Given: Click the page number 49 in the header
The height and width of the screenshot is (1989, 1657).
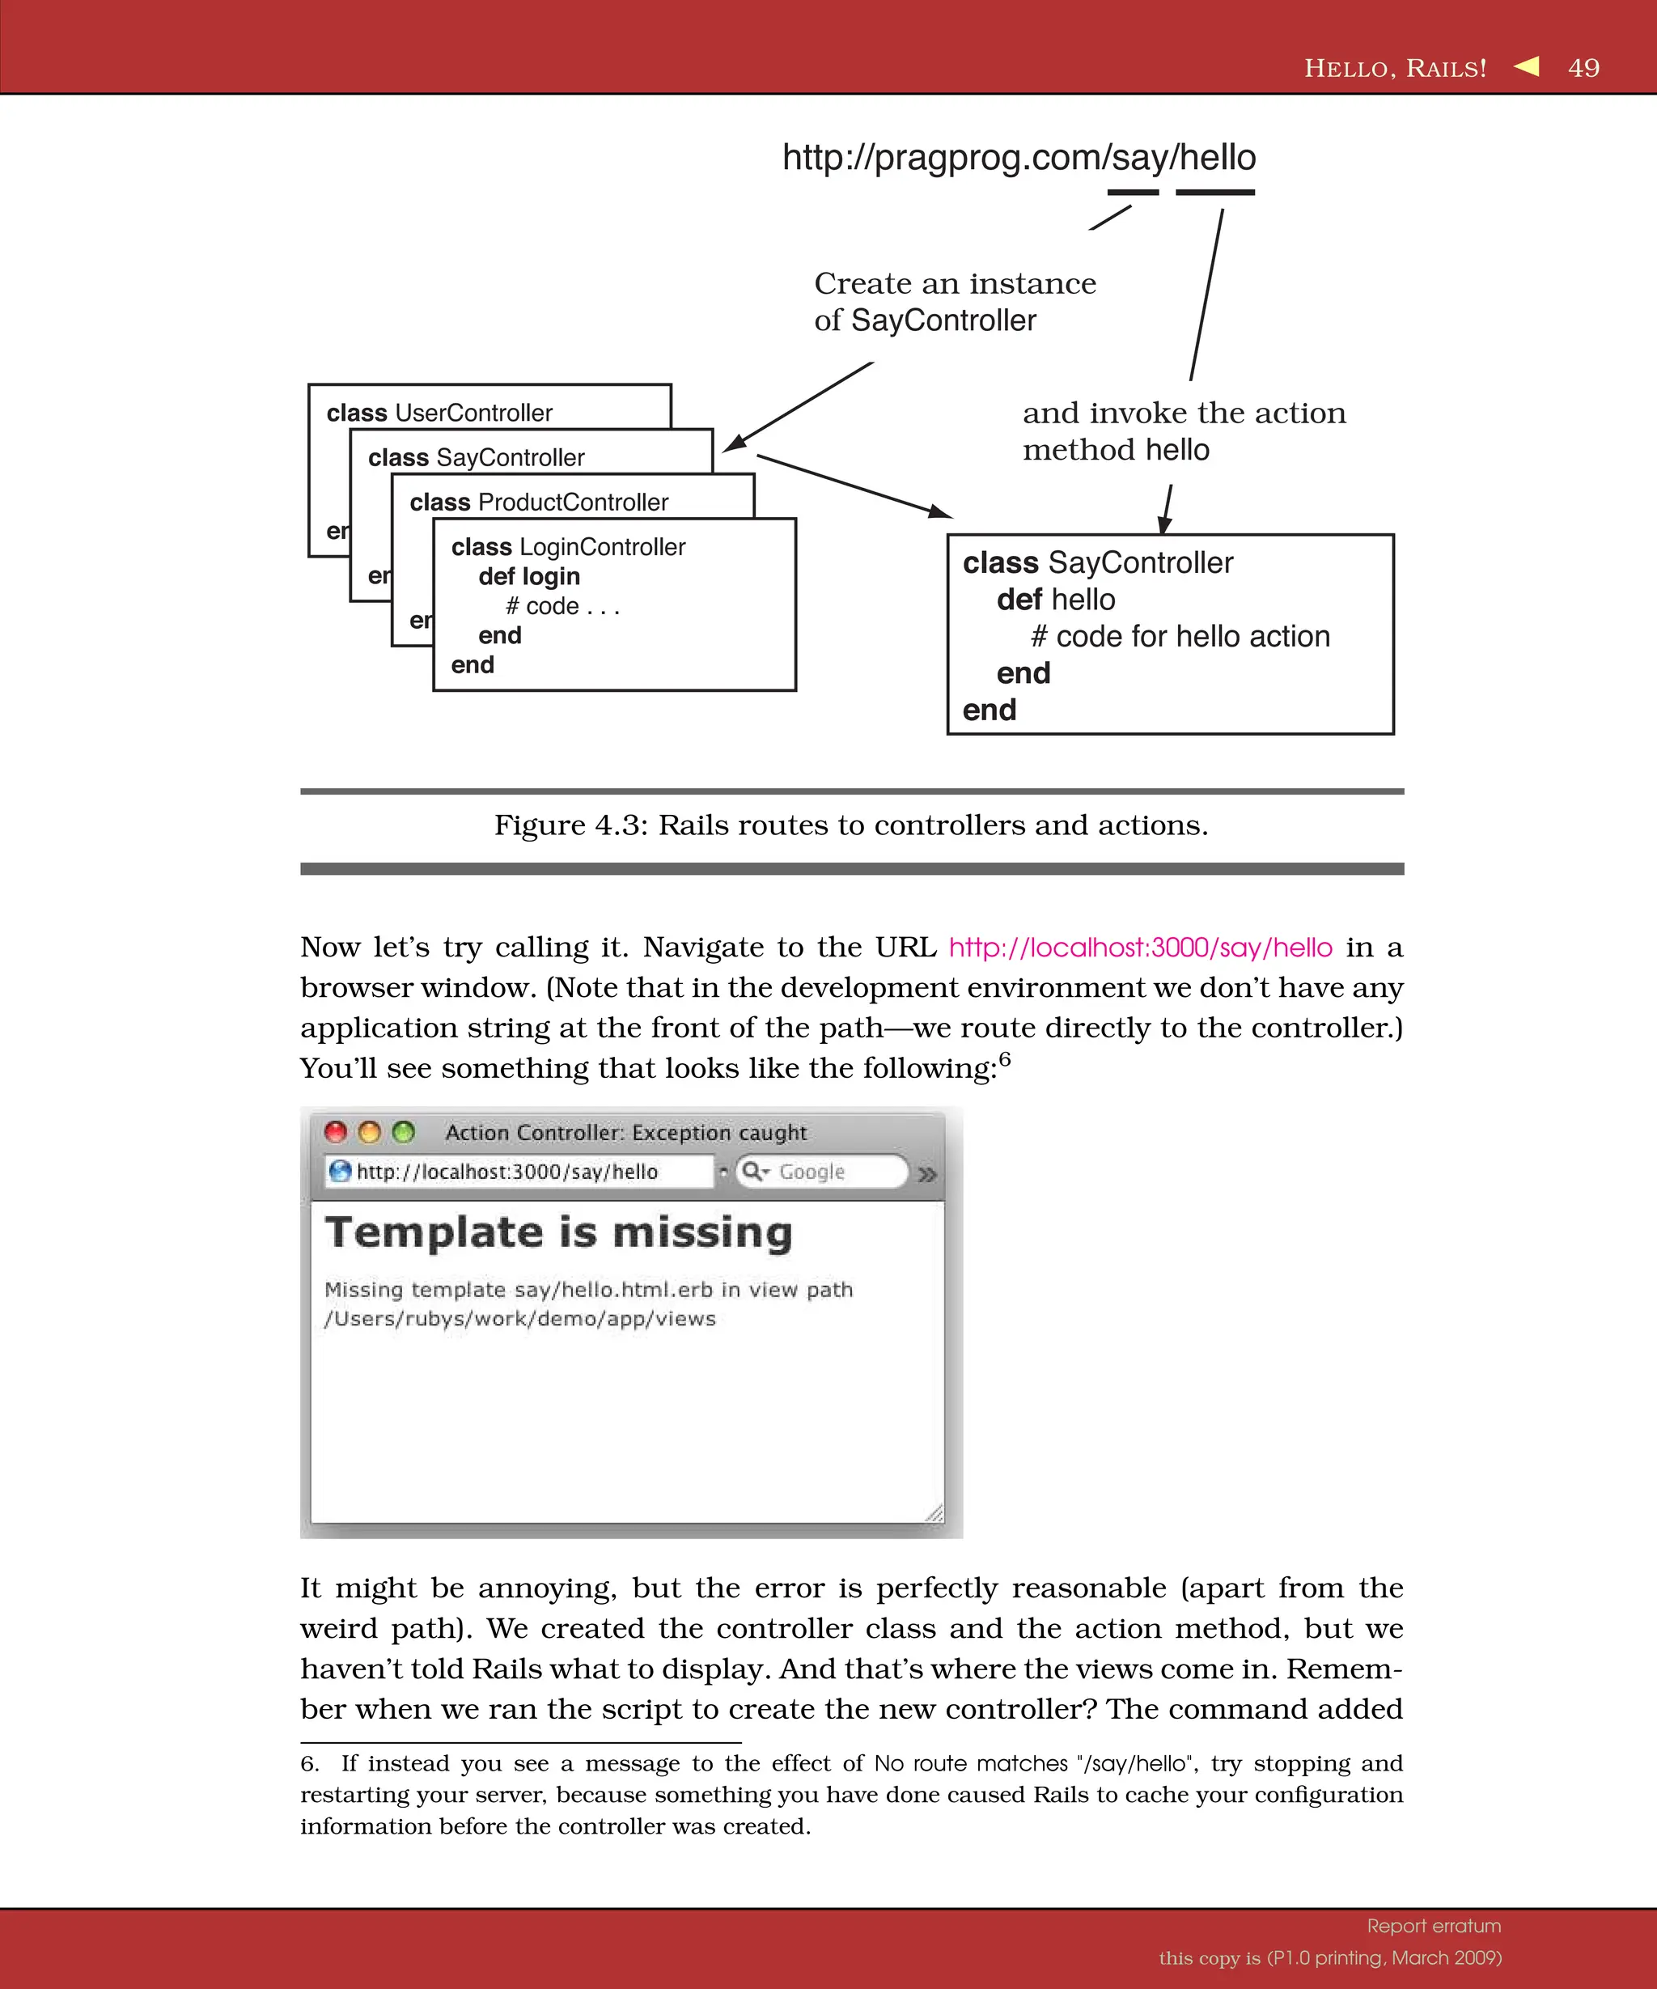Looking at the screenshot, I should (x=1583, y=67).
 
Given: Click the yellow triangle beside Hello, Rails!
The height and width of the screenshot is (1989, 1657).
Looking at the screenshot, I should (x=1527, y=66).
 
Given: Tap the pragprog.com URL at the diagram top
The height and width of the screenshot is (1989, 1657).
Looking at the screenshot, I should (x=1018, y=157).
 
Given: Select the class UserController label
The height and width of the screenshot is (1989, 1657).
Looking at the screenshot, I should (x=439, y=413).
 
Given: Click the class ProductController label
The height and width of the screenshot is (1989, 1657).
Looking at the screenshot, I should (x=539, y=502).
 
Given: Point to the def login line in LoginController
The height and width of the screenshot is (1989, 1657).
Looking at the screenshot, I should (x=528, y=576).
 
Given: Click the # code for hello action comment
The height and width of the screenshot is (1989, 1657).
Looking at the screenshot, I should (x=1180, y=637).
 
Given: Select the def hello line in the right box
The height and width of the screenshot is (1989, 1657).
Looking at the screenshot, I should (x=1056, y=600).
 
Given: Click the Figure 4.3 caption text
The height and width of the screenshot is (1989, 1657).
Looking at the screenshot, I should (x=850, y=825).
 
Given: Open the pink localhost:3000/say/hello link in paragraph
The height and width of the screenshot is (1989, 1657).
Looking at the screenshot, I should (x=1140, y=947).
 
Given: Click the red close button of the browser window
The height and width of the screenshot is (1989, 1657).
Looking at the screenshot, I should (x=335, y=1132).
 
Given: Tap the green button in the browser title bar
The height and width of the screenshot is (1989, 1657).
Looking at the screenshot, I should (x=404, y=1132).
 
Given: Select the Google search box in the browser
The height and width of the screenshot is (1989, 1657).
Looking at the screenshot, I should (x=822, y=1172).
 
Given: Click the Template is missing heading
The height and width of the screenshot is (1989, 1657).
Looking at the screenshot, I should (x=558, y=1232).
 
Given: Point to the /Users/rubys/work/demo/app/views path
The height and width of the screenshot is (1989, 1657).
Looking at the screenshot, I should (x=519, y=1318).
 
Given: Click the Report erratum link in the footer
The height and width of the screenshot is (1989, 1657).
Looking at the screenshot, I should (x=1434, y=1926).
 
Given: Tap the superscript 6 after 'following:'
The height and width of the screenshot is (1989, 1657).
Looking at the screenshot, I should (x=1005, y=1059).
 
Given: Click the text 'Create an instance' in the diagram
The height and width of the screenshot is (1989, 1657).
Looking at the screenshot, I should (x=955, y=283).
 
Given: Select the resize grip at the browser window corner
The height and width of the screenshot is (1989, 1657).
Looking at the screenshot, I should (x=934, y=1512).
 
